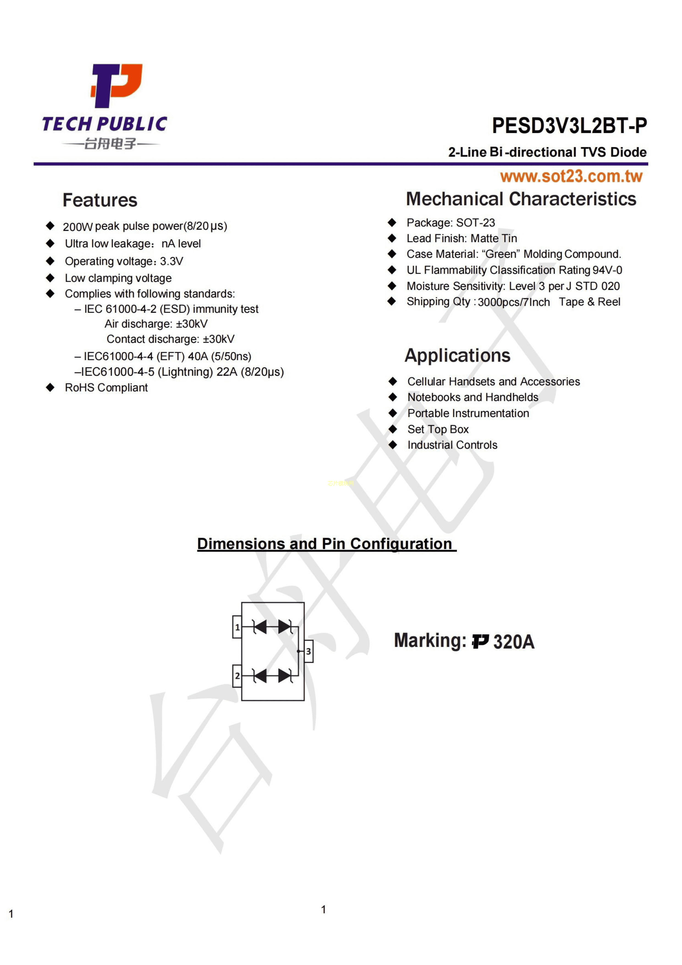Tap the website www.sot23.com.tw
pos(571,177)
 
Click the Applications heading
pos(457,356)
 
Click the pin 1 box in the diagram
pos(237,627)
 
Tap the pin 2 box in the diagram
pos(237,676)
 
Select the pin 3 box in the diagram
pos(309,651)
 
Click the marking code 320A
pos(513,642)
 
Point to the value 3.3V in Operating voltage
pos(171,262)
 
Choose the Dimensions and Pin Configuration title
pos(326,544)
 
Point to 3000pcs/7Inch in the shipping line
pos(513,302)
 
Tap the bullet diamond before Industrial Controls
pos(392,445)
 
